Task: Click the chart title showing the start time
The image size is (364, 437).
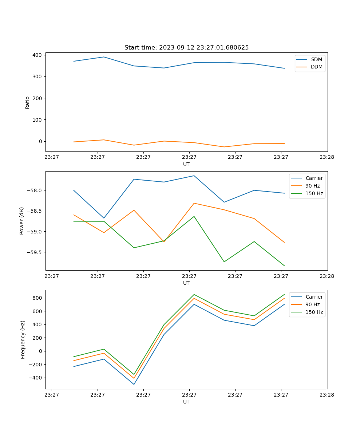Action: coord(186,48)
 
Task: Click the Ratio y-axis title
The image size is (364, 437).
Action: coord(28,102)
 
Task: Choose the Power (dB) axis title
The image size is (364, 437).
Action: coord(22,221)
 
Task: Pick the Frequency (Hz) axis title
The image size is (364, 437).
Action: coord(23,339)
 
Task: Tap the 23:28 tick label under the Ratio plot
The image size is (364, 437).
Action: coord(327,158)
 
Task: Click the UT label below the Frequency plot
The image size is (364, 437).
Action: coord(186,402)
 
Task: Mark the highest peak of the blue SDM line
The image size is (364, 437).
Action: coord(104,57)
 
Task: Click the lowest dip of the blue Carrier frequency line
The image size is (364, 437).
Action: coord(134,384)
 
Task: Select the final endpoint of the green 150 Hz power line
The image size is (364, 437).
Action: coord(284,266)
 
